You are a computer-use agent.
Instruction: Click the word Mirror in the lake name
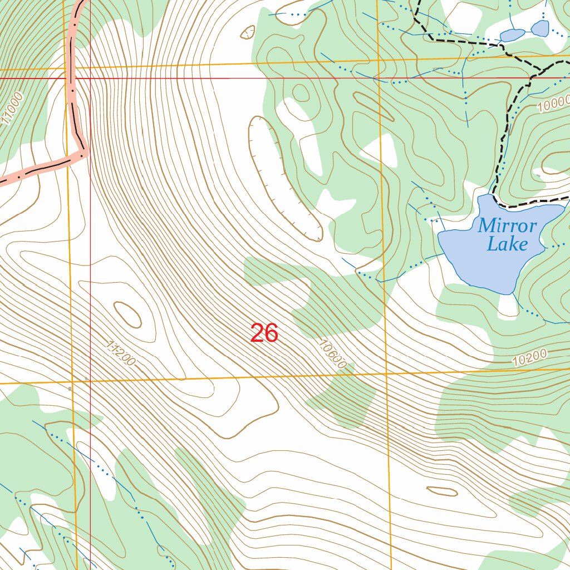(507, 226)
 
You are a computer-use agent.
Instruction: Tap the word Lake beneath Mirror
(507, 244)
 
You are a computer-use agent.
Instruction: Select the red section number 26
(264, 333)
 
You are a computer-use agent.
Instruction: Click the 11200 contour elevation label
(120, 354)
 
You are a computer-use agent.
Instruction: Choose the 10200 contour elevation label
(530, 356)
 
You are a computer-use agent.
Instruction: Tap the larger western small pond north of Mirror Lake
(512, 35)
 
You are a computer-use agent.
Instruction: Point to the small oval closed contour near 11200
(127, 315)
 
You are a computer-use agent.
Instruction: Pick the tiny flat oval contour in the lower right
(442, 491)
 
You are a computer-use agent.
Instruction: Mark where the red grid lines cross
(90, 78)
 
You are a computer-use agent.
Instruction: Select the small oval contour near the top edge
(247, 32)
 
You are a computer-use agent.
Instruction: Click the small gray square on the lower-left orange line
(70, 389)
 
